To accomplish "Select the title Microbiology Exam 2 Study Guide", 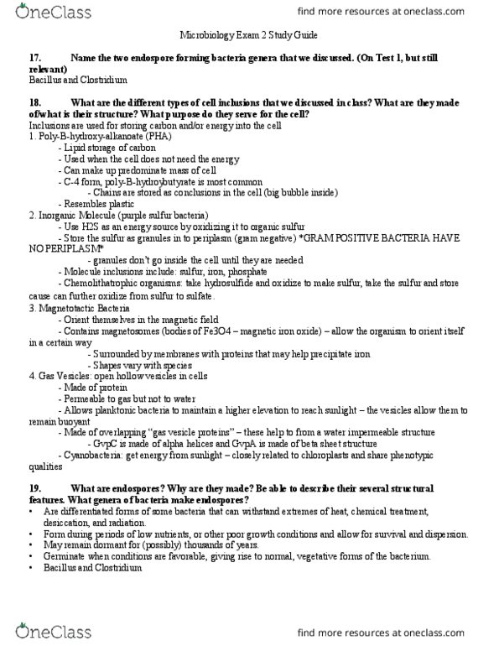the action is tap(248, 36).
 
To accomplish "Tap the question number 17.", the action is tap(35, 56).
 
